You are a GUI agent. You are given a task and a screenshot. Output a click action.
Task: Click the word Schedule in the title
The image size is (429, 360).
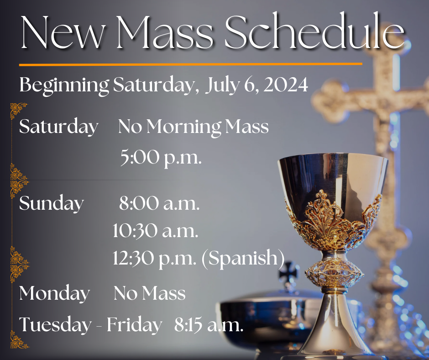click(x=314, y=32)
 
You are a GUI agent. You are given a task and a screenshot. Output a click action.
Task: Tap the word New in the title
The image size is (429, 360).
click(x=63, y=32)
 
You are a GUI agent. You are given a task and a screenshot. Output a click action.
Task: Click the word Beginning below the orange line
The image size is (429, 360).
click(x=64, y=86)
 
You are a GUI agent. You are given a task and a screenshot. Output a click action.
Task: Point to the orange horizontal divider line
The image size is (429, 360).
click(x=191, y=64)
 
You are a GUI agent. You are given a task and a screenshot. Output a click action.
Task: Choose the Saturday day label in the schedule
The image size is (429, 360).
click(x=58, y=127)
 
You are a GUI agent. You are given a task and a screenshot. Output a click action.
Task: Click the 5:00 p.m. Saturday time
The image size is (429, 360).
click(x=161, y=158)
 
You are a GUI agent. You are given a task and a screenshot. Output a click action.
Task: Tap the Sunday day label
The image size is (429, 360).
click(x=52, y=204)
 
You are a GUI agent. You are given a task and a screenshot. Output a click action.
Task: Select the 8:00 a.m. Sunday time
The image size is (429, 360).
click(x=159, y=204)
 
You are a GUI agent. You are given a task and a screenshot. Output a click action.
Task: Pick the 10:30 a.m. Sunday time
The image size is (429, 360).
click(x=156, y=231)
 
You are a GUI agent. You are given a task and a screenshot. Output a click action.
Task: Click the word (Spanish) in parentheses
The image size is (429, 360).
click(x=243, y=259)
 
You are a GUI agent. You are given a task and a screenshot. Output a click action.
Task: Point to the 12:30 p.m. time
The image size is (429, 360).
click(x=155, y=259)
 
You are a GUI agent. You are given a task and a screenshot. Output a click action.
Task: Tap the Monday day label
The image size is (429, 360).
click(x=54, y=294)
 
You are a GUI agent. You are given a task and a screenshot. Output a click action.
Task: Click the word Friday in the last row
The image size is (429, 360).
click(x=134, y=325)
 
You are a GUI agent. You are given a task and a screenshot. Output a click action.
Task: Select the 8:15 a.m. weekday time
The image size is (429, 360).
click(x=209, y=325)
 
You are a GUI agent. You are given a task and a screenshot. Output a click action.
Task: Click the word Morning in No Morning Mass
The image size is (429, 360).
click(x=184, y=127)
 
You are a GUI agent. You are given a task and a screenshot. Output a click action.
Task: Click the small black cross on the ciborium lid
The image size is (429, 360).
click(x=289, y=270)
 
